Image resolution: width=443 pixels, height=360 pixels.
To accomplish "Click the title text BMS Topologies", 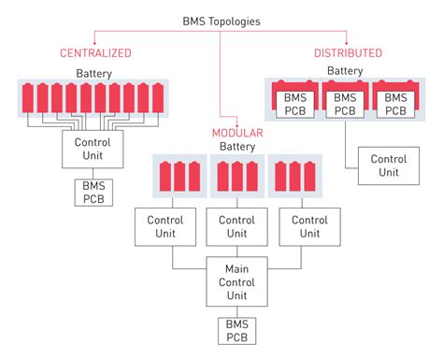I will [x=221, y=20].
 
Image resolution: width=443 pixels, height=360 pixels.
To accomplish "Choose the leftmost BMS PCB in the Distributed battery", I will [x=295, y=103].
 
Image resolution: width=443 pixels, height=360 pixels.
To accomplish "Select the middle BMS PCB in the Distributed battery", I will [x=345, y=103].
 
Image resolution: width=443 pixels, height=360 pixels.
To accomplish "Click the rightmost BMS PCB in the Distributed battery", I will [x=393, y=103].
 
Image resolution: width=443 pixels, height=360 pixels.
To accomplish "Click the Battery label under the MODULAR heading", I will [x=237, y=147].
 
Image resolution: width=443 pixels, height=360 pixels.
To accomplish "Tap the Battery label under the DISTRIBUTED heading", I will [x=345, y=70].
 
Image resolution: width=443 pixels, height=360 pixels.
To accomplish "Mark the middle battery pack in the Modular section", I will [x=237, y=177].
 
